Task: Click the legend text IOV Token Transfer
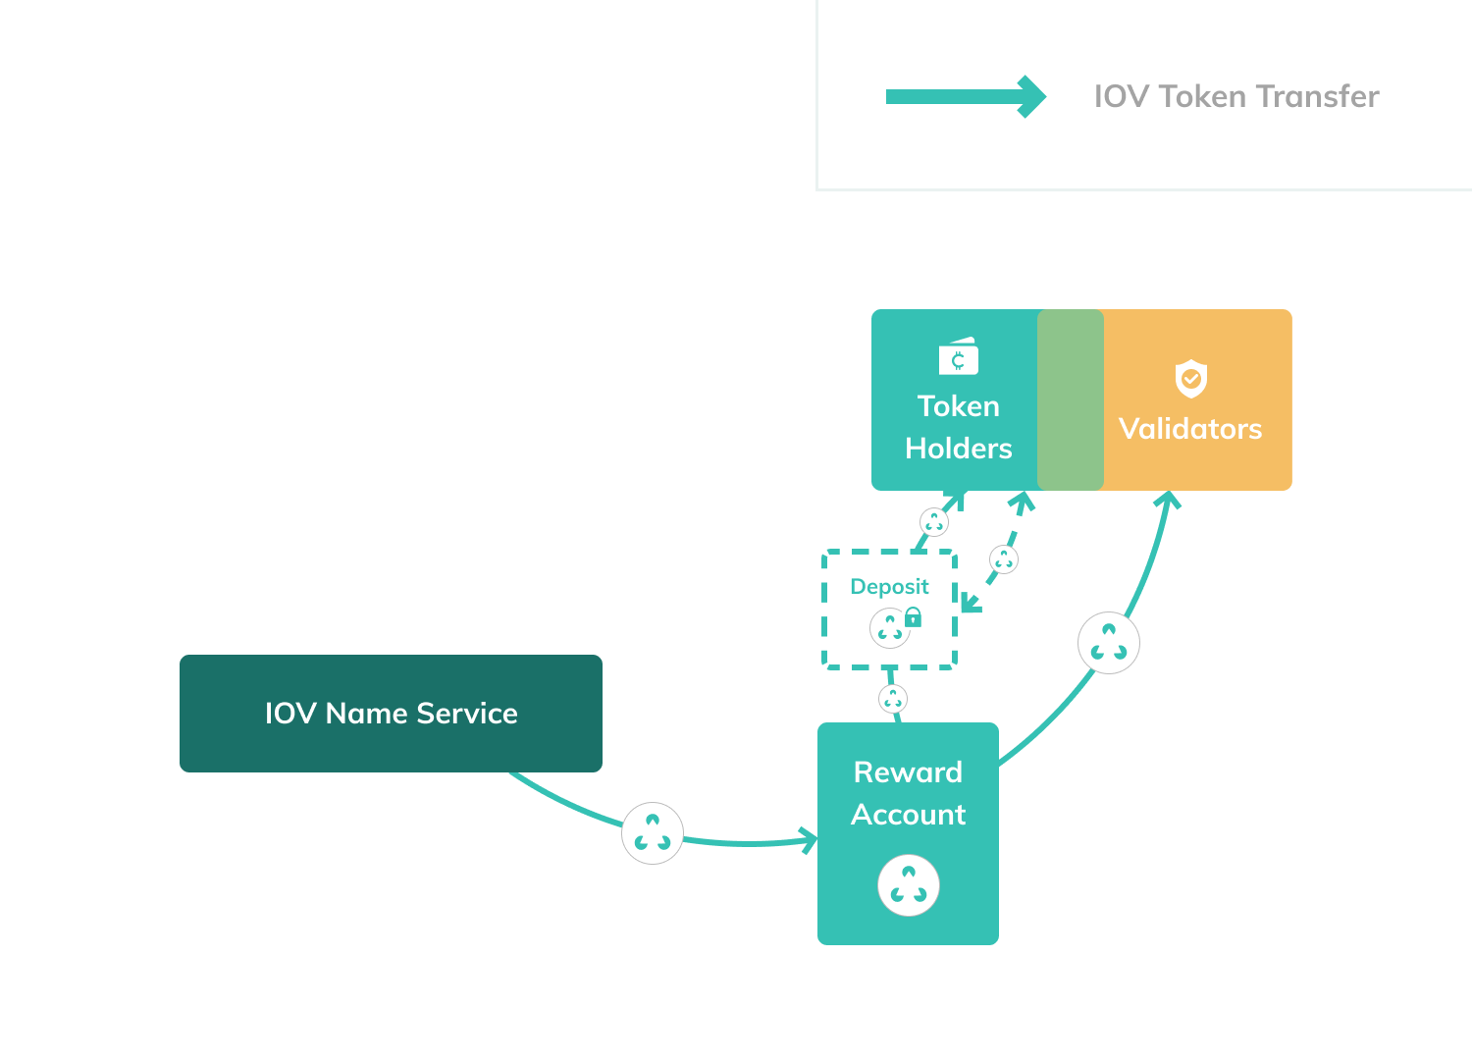coord(1235,96)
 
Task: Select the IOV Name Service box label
coord(391,714)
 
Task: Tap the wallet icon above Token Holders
coord(958,357)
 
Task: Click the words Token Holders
coord(958,427)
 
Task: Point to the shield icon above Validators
coord(1190,378)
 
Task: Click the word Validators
coord(1189,429)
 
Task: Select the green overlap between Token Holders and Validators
coord(1071,399)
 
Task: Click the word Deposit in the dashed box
coord(889,587)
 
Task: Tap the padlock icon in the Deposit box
coord(913,616)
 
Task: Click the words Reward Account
coord(908,793)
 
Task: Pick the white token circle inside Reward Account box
coord(908,885)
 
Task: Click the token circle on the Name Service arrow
coord(653,833)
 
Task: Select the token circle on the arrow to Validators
coord(1109,643)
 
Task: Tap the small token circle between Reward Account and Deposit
coord(892,699)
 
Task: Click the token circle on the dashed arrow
coord(1003,559)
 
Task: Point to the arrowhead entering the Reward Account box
coord(809,840)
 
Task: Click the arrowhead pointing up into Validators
coord(1167,500)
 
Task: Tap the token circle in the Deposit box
coord(889,627)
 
